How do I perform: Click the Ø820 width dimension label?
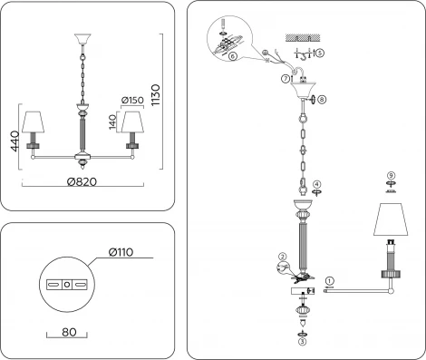[82, 181]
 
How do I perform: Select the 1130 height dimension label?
[156, 95]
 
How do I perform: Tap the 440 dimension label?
[15, 141]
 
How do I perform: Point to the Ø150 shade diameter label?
[132, 100]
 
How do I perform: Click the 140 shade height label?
[112, 122]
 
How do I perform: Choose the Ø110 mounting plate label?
[121, 252]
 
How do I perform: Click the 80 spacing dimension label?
[69, 332]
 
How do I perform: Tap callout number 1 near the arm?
[330, 281]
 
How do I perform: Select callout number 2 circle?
[283, 257]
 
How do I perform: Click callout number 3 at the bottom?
[303, 342]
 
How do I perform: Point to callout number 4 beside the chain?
[316, 184]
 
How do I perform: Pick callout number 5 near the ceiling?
[320, 54]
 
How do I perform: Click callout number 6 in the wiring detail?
[232, 56]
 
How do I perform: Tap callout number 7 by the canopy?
[286, 79]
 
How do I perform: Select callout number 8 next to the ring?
[322, 99]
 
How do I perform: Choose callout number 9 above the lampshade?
[391, 175]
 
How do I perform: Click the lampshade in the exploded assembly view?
[391, 219]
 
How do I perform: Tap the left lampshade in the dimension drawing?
[33, 122]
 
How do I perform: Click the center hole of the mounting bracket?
[67, 285]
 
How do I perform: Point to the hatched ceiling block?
[303, 38]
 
